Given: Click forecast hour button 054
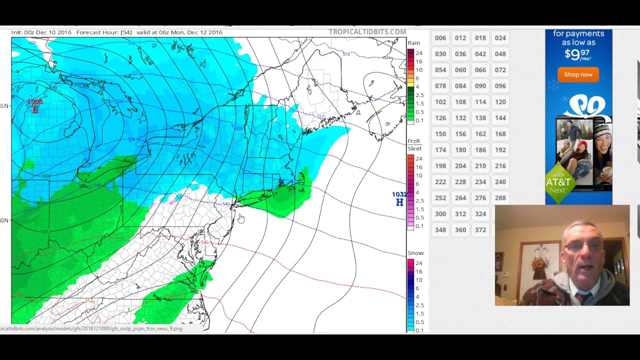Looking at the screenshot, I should (440, 70).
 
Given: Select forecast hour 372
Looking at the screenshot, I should (480, 230).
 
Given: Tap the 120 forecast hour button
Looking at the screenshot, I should (500, 102).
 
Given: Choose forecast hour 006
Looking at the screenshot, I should (440, 38).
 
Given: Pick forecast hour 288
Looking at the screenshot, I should (500, 198).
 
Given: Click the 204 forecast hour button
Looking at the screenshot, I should (460, 166).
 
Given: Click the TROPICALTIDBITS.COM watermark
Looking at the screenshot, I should (367, 32).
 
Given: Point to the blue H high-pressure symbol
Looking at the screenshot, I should (399, 202).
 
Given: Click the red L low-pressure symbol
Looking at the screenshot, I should (35, 109).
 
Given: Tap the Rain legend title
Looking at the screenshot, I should (413, 43).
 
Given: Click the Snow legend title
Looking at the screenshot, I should (415, 253).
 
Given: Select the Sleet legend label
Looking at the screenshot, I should (414, 148).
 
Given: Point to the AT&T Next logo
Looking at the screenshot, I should (558, 185).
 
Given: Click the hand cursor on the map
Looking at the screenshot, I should (241, 218).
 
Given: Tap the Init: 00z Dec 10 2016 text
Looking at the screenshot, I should (41, 32).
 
